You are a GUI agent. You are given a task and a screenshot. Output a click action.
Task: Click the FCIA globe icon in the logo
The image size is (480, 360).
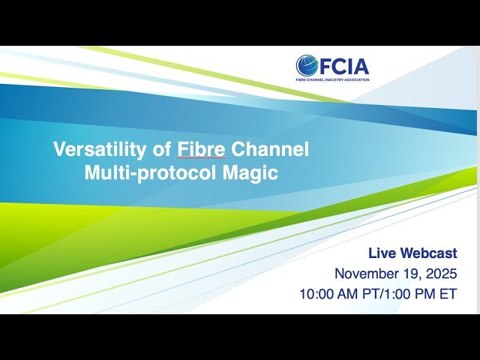click(306, 66)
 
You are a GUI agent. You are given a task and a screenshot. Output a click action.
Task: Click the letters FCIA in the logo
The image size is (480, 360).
click(343, 66)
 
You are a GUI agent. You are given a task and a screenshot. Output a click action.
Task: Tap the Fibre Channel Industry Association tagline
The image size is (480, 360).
click(332, 80)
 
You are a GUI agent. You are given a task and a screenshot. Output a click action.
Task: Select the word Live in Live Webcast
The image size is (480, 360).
click(384, 253)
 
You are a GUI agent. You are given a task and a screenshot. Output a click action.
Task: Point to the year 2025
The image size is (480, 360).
click(442, 274)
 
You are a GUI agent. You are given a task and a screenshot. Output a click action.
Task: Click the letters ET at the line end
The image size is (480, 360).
click(448, 294)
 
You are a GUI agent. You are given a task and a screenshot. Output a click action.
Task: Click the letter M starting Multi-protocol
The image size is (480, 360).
click(91, 172)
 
